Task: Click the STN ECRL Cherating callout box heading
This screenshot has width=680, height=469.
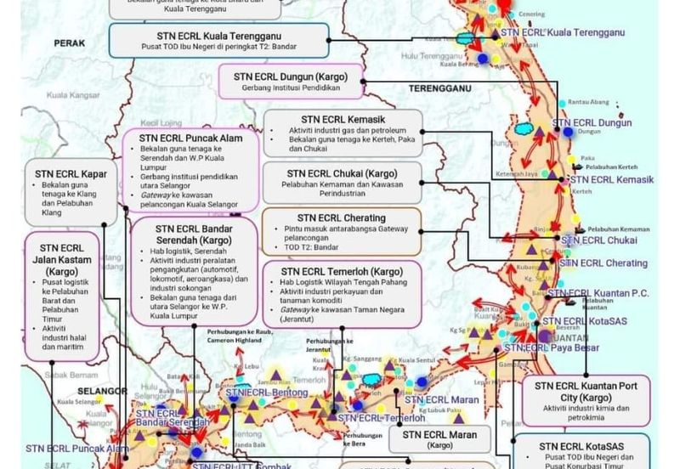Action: (342, 218)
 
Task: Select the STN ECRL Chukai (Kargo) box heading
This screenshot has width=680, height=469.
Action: (342, 171)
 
